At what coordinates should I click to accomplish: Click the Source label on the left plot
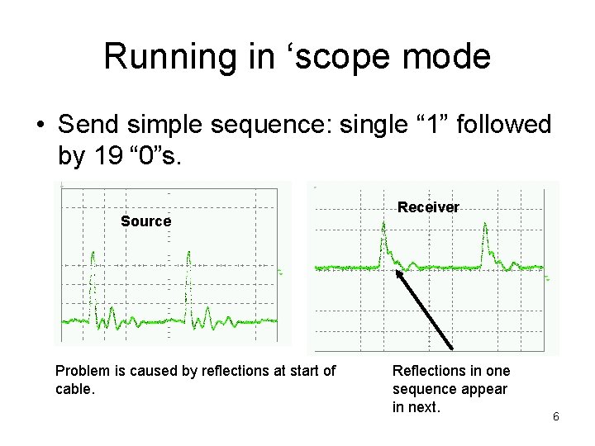(145, 221)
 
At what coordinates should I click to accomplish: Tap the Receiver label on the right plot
(428, 207)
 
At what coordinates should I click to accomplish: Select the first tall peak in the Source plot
(93, 256)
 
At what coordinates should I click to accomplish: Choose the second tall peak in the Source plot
(189, 256)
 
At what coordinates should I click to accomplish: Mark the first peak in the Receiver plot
(383, 240)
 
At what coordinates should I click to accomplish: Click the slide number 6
(556, 416)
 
